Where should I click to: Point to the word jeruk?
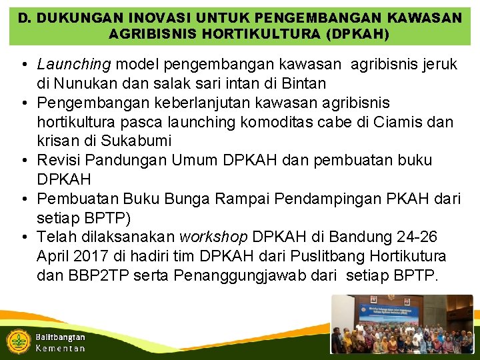pyautogui.click(x=437, y=65)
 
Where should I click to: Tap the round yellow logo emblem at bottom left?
pyautogui.click(x=17, y=341)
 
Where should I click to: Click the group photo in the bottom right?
pyautogui.click(x=402, y=325)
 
